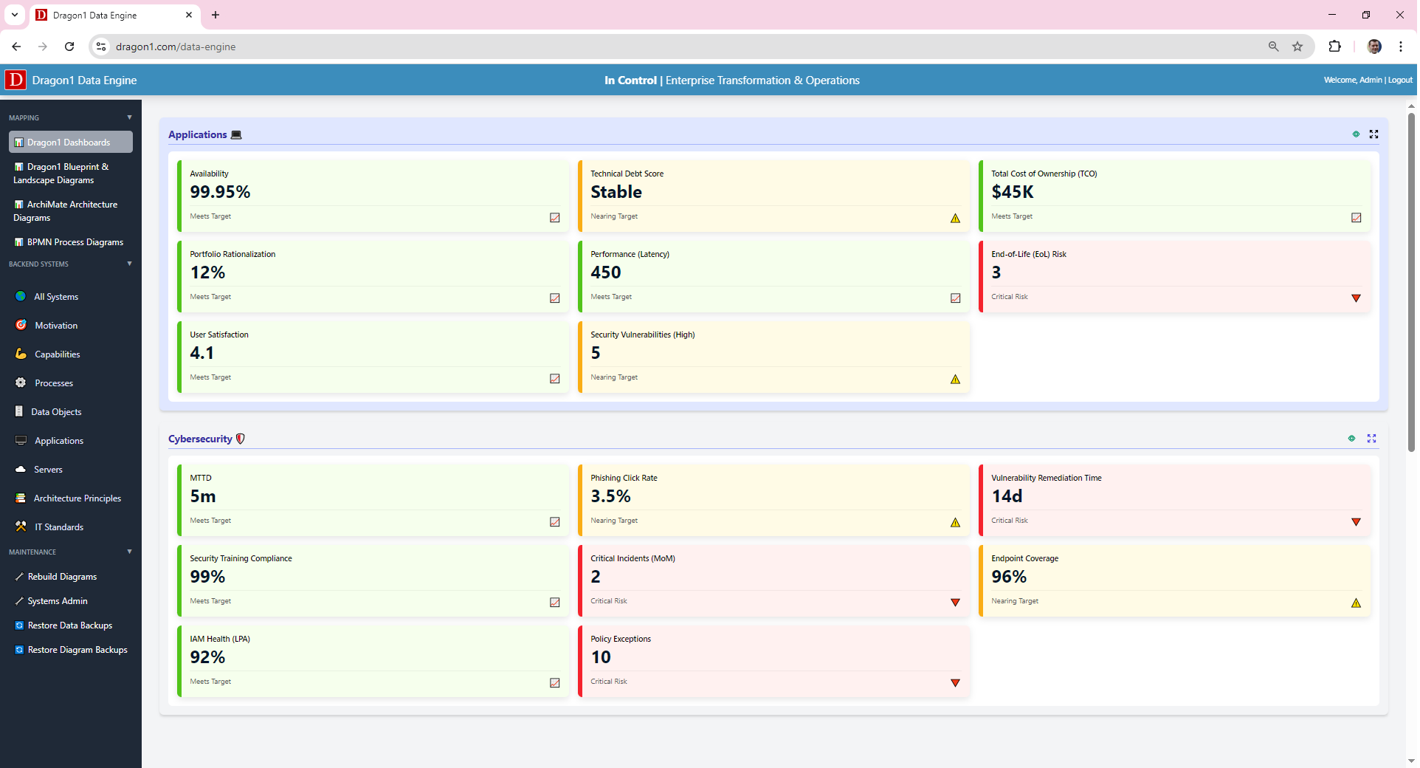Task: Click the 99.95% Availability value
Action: click(220, 192)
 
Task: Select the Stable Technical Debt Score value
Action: click(616, 192)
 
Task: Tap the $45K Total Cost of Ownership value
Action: click(1012, 192)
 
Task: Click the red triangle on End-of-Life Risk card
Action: click(1356, 298)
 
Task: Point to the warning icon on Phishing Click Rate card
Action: click(955, 522)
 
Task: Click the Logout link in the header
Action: click(1400, 80)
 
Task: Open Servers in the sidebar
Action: click(48, 470)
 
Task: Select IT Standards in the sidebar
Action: click(59, 527)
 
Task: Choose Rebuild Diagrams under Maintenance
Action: click(62, 577)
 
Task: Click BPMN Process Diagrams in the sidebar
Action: click(75, 242)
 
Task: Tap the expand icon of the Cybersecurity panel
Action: click(1371, 439)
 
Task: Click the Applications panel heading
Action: click(197, 134)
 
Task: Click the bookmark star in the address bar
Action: click(1297, 47)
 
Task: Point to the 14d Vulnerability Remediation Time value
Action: click(1007, 496)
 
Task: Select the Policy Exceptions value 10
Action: click(601, 657)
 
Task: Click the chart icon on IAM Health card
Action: click(555, 683)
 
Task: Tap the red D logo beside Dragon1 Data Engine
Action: click(15, 80)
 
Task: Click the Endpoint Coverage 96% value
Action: click(1009, 577)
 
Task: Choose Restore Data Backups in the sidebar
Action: click(69, 625)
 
